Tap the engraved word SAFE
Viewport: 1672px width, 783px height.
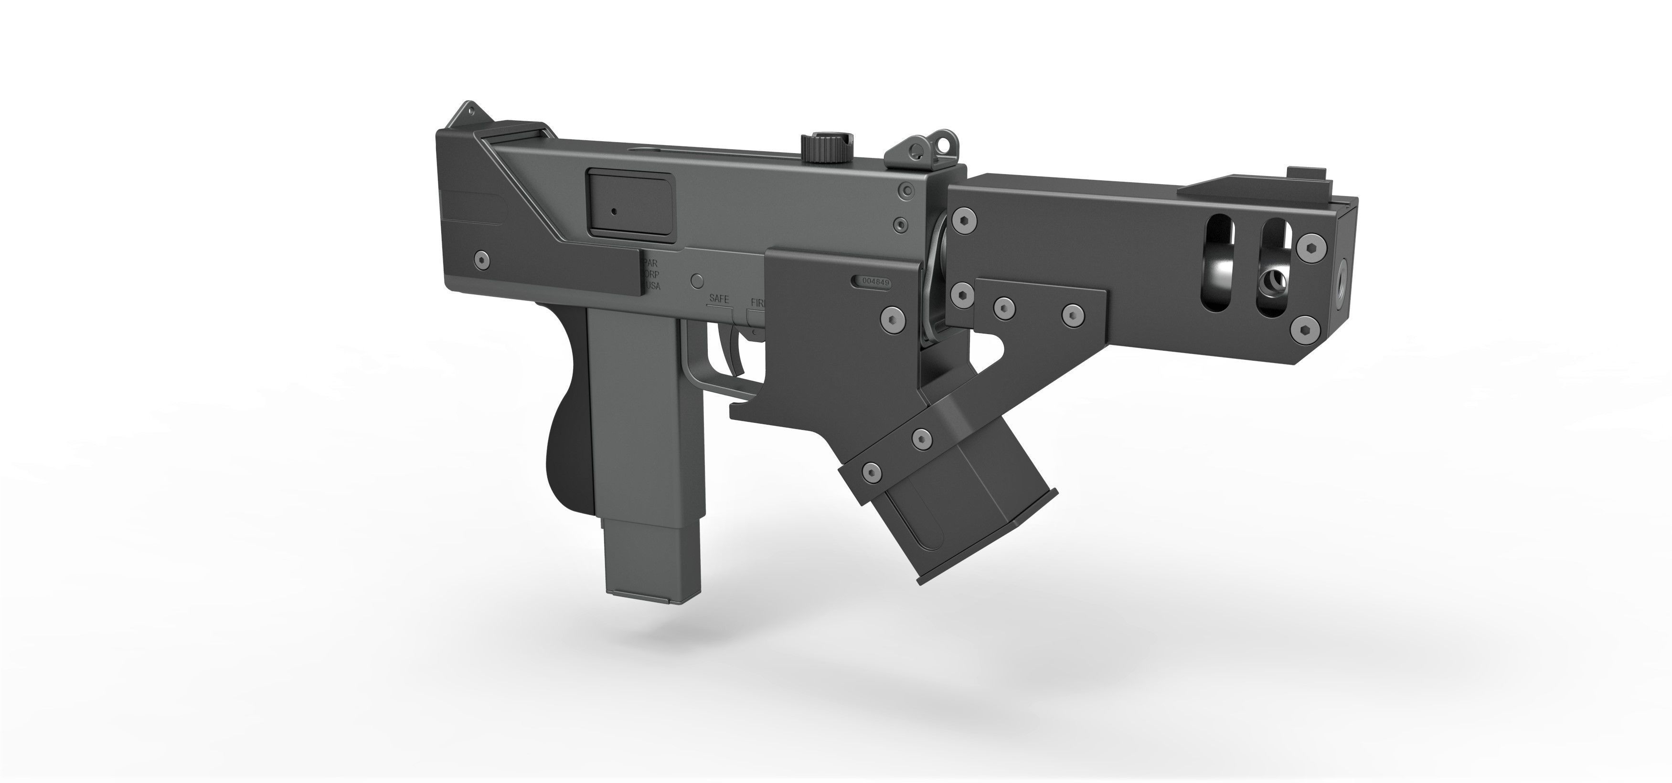719,299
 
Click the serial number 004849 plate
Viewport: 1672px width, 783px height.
873,282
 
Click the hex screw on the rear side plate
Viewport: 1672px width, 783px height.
481,259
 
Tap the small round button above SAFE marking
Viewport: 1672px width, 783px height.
697,280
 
